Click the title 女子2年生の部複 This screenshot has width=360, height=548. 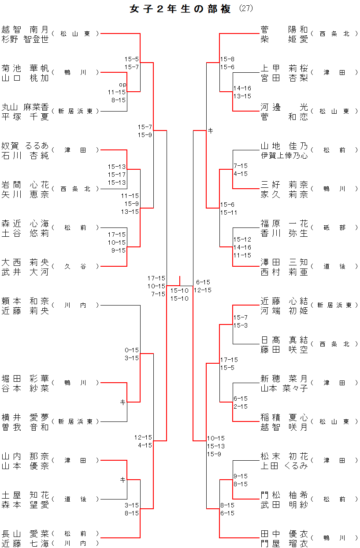(x=180, y=9)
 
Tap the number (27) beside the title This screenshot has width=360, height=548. (x=246, y=8)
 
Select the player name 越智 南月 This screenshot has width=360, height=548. (x=25, y=30)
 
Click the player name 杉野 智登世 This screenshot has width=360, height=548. (x=25, y=39)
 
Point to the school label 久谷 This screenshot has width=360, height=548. (x=75, y=266)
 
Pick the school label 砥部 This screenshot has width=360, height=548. (x=334, y=227)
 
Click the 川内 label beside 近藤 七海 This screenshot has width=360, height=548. (x=75, y=543)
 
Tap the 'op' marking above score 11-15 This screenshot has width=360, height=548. (x=122, y=84)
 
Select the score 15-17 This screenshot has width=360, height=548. (x=117, y=175)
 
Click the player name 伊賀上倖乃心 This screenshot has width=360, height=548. (x=284, y=156)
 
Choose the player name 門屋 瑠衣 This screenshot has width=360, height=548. (x=284, y=544)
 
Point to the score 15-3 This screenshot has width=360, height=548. (x=240, y=325)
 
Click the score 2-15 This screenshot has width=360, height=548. (x=240, y=406)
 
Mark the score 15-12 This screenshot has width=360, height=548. (x=242, y=239)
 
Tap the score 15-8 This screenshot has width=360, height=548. (x=227, y=59)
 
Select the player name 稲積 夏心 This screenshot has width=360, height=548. (x=284, y=417)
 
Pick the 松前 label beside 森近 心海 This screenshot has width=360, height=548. (x=75, y=227)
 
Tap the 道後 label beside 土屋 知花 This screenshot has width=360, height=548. (x=75, y=499)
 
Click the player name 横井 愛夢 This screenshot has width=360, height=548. (x=25, y=417)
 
